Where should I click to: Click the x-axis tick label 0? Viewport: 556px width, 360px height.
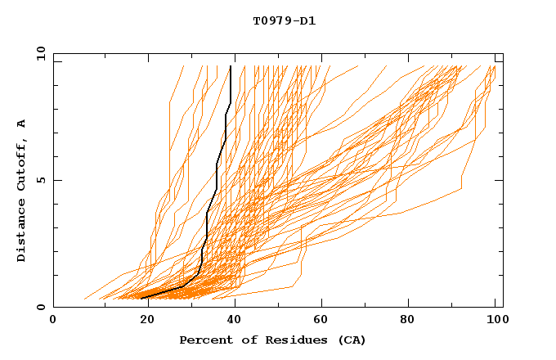pos(53,321)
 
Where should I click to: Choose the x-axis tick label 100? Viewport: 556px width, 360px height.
pos(495,321)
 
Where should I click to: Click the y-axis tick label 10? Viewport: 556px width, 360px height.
pos(40,53)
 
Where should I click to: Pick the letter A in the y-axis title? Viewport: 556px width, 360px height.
pos(22,124)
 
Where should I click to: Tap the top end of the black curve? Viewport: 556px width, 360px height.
pos(231,66)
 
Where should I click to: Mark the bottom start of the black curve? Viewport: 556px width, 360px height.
pos(141,299)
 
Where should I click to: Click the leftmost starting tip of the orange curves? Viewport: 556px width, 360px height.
pos(84,299)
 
